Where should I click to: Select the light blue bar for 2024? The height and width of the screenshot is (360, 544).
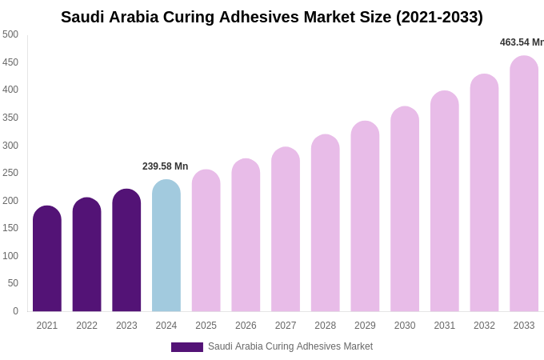[166, 246]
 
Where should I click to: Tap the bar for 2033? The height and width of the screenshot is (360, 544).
[524, 184]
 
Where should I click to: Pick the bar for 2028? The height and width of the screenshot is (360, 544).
[326, 223]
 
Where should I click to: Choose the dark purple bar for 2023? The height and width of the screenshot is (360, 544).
[126, 250]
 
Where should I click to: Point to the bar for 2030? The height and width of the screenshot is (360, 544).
[405, 209]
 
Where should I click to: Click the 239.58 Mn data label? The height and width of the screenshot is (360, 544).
[166, 166]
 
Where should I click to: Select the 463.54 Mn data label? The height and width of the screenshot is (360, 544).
[522, 42]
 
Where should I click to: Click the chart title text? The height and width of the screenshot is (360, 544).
[272, 17]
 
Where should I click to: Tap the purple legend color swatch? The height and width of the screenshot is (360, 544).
[187, 347]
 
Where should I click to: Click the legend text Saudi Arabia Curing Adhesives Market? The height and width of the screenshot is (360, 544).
[290, 346]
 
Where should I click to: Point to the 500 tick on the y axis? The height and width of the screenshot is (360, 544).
[10, 34]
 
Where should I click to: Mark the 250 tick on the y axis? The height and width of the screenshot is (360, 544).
[10, 173]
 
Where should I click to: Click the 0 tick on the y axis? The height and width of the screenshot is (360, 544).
[15, 311]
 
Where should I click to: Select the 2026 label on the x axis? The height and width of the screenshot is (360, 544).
[246, 326]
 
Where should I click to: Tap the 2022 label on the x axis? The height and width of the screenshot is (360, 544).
[87, 326]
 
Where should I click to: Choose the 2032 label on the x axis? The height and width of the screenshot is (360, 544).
[484, 326]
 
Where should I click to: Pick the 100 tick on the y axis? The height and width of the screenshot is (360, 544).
[10, 256]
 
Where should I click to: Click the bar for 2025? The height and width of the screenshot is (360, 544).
[206, 241]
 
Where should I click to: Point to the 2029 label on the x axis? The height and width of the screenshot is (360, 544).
[365, 326]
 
